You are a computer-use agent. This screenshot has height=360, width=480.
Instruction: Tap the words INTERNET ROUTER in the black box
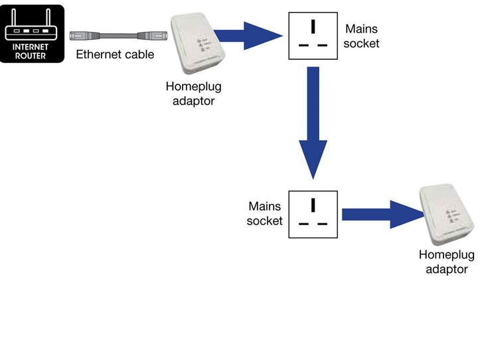33,51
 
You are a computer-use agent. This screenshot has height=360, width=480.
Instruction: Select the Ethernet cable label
115,54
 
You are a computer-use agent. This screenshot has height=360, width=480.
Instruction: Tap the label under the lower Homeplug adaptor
447,262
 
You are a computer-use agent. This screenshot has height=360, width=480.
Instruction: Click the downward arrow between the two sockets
312,123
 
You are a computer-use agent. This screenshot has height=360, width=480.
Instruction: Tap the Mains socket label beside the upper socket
362,37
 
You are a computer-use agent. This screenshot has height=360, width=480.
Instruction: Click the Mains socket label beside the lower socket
265,214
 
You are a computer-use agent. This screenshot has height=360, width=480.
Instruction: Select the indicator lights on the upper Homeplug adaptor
199,45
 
